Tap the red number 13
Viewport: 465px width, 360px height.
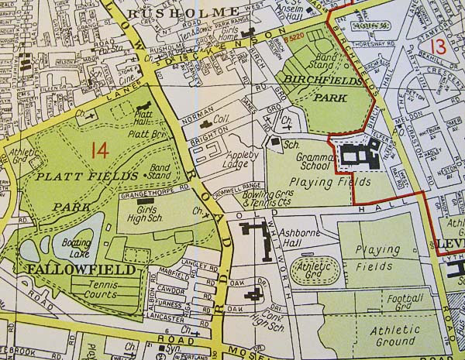point(439,46)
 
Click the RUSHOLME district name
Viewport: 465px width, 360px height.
point(184,13)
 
